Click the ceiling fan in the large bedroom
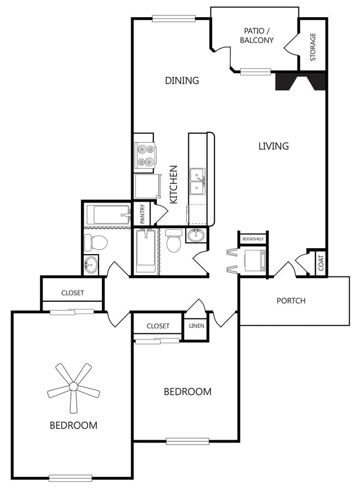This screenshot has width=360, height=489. tap(74, 387)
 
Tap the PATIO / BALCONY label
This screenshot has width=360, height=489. tap(256, 35)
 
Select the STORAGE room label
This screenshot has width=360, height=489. tap(313, 47)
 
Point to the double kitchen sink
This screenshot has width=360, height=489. tap(198, 181)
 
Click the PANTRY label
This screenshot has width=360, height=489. tap(142, 214)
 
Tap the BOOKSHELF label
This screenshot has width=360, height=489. tap(253, 239)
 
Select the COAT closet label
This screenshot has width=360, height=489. tap(321, 263)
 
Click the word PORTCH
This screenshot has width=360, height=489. tap(291, 301)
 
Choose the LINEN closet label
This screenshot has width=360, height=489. tap(197, 326)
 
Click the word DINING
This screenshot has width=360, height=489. tap(182, 80)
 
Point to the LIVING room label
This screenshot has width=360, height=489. tap(274, 146)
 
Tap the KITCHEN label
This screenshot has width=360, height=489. tap(173, 184)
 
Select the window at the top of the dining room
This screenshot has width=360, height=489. tap(174, 19)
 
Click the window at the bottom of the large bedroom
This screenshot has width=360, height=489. tap(70, 478)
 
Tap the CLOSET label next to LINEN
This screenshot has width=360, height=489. tap(158, 326)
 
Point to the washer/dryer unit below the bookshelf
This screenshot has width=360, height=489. tap(255, 261)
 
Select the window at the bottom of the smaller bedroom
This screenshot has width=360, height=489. tap(188, 441)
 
